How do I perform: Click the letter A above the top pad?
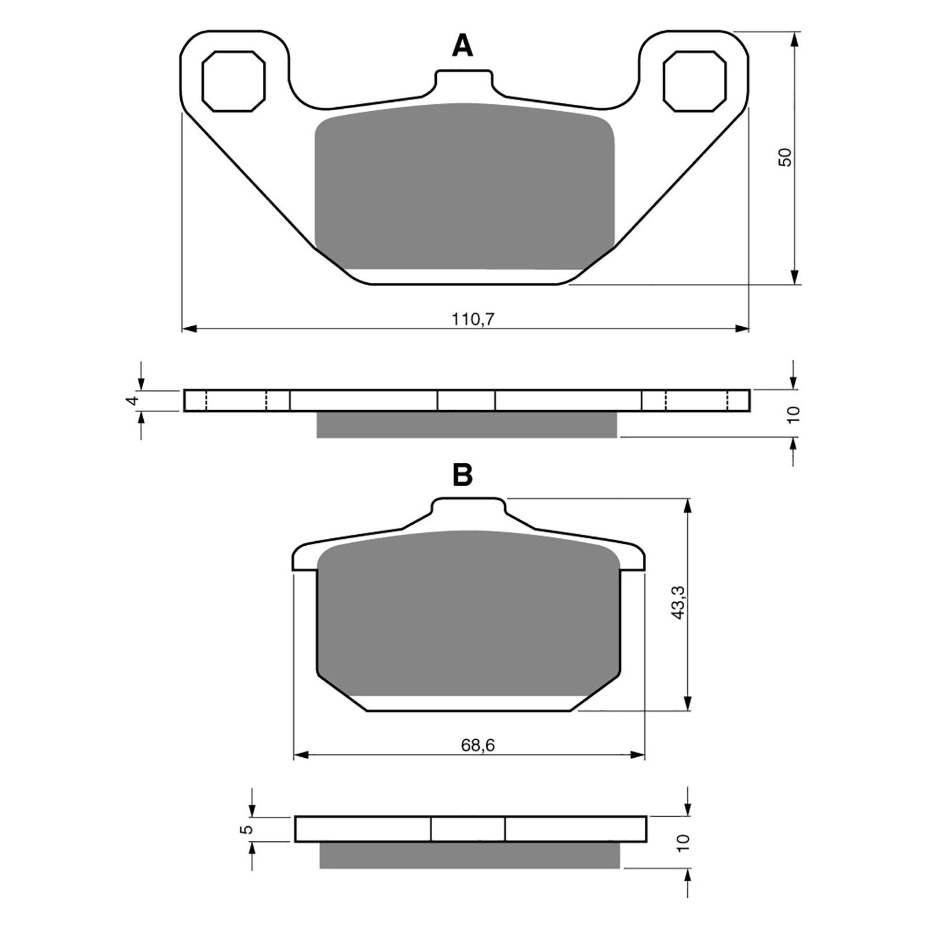click(x=462, y=45)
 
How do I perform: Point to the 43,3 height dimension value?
click(x=678, y=601)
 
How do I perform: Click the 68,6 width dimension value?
click(x=478, y=745)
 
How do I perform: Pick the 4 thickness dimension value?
click(x=134, y=400)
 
